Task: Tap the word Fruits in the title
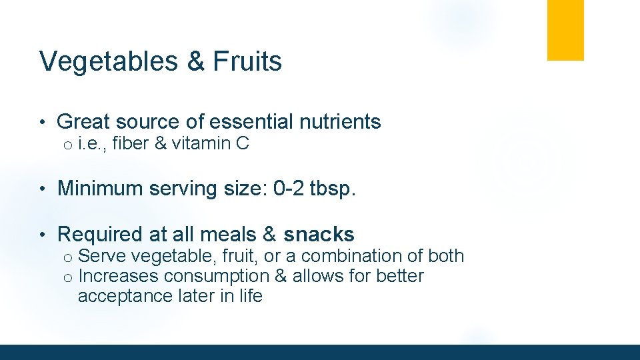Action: click(247, 61)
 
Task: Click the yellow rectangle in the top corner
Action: click(565, 30)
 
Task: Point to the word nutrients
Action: click(347, 122)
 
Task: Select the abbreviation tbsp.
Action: click(333, 189)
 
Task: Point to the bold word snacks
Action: click(319, 235)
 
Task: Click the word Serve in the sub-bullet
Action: click(99, 256)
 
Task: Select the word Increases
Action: click(118, 276)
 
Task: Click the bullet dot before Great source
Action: click(42, 123)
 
